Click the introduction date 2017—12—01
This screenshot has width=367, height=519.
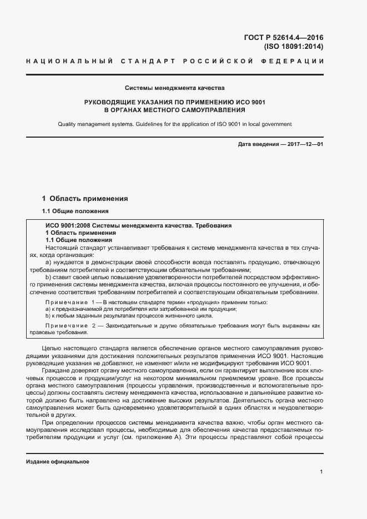click(x=305, y=145)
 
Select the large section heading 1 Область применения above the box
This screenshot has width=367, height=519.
click(x=85, y=198)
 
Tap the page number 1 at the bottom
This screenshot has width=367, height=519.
click(x=321, y=472)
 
